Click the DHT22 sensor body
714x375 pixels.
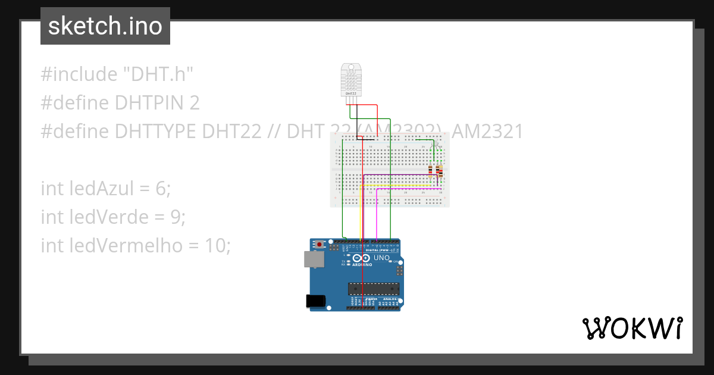click(351, 80)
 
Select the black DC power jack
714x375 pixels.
click(315, 301)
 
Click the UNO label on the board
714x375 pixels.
click(381, 258)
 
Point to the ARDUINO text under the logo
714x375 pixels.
click(362, 265)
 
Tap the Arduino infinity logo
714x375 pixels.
click(361, 258)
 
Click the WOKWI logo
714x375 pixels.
click(632, 328)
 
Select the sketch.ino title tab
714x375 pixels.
click(105, 26)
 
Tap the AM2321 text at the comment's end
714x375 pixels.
click(487, 132)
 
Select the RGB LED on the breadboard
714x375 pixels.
click(435, 145)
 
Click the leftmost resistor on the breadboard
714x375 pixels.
click(430, 171)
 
